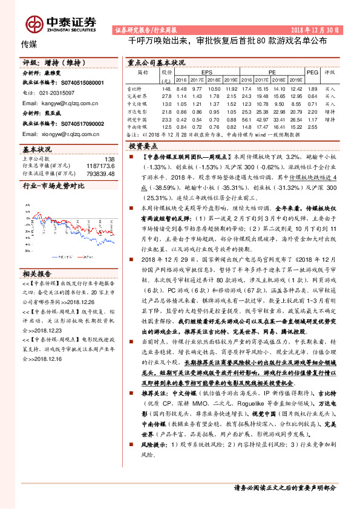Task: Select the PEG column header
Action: point(312,71)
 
